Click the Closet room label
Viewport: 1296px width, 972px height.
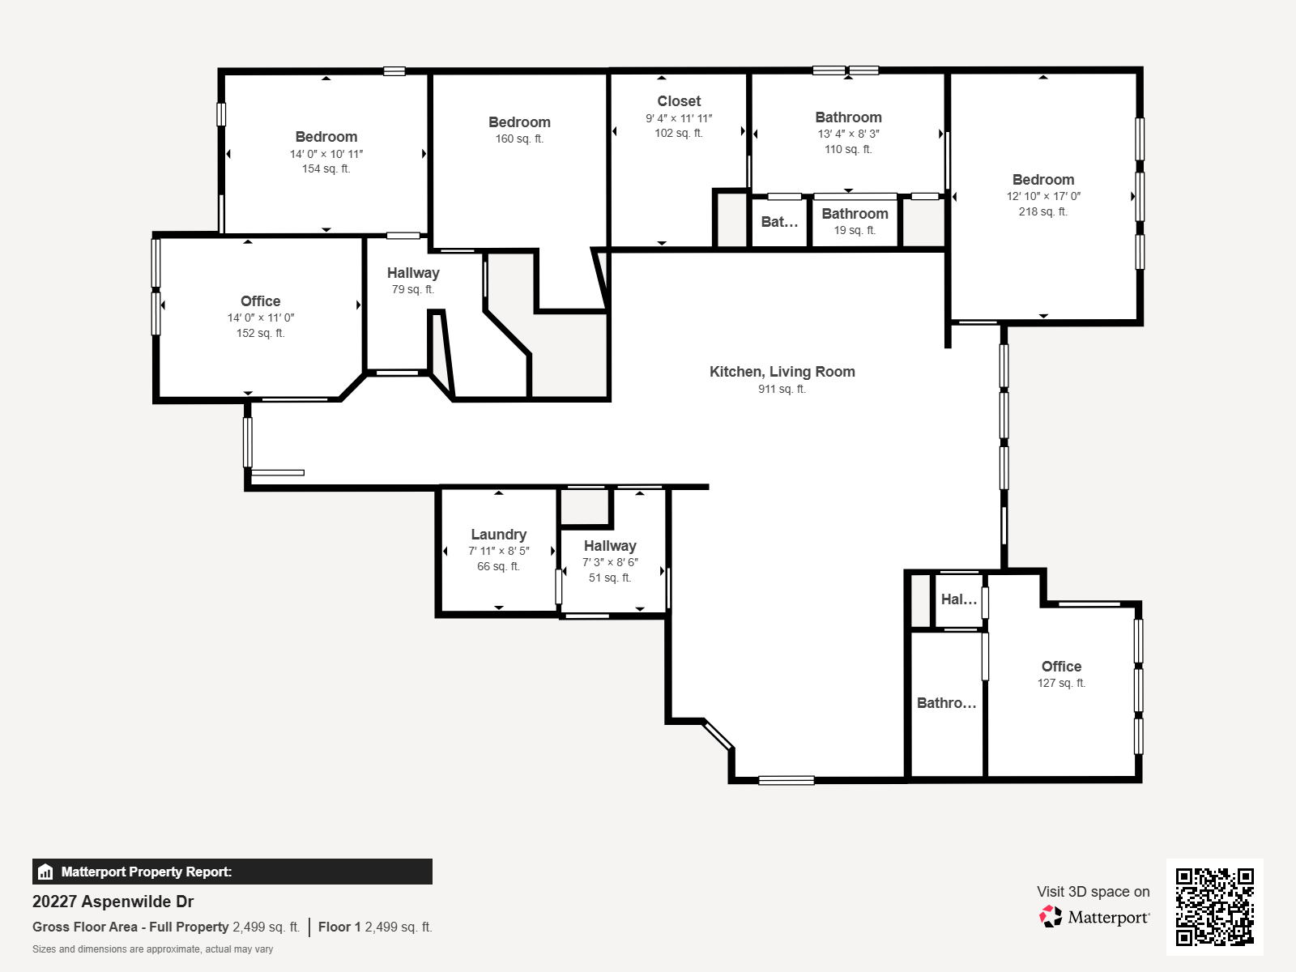[x=679, y=101]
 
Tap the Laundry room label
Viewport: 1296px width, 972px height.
[x=499, y=535]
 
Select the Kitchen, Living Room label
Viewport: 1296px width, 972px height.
[x=782, y=372]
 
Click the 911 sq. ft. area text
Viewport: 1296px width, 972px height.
[x=782, y=389]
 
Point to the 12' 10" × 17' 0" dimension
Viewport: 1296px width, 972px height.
[x=1043, y=197]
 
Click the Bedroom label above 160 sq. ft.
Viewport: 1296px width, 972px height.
[x=519, y=122]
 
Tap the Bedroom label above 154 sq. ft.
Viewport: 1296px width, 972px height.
[x=326, y=137]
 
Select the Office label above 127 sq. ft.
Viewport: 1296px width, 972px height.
[x=1062, y=667]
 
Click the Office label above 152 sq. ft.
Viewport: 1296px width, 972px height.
[x=260, y=301]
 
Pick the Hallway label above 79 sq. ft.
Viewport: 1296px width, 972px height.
[x=413, y=273]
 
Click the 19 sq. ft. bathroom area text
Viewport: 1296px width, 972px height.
[x=855, y=230]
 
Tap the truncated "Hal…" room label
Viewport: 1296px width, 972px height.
[x=959, y=599]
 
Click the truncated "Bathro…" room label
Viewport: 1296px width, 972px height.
[x=946, y=703]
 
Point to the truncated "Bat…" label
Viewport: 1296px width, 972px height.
[x=779, y=222]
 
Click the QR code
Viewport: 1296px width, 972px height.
[x=1214, y=906]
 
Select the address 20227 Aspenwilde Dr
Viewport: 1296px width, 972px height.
[x=113, y=902]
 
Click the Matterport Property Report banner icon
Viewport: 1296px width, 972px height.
[x=45, y=872]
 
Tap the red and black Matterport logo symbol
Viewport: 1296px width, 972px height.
[x=1051, y=917]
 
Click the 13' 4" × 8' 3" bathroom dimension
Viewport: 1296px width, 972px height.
[x=848, y=134]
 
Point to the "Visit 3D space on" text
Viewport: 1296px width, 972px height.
[x=1093, y=892]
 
